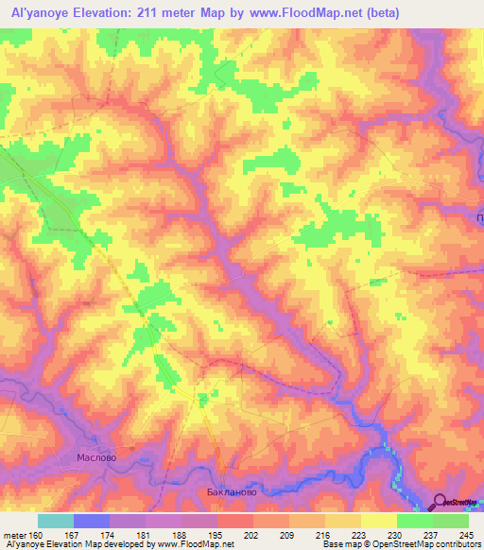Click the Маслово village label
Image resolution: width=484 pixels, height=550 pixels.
95,456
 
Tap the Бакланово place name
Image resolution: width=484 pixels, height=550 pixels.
232,492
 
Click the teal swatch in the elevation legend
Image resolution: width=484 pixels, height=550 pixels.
56,521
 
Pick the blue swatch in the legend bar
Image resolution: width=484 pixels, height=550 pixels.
92,521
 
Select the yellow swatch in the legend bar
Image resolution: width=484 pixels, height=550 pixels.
379,521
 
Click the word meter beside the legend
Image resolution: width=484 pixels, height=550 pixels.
13,536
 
